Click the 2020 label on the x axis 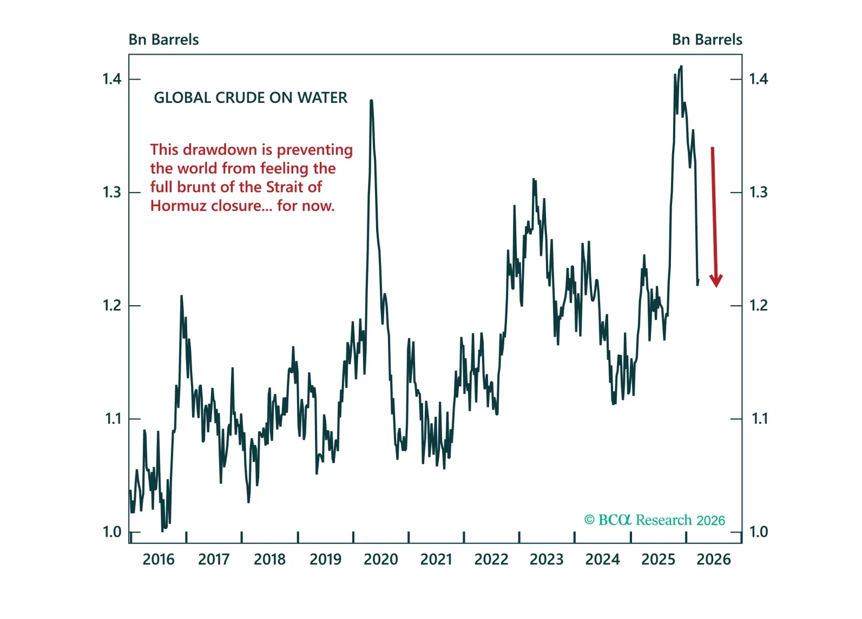tap(380, 559)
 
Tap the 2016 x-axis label tap(159, 559)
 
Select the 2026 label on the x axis tap(713, 559)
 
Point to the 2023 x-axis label tap(547, 559)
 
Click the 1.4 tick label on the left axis tap(112, 79)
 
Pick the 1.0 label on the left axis tap(112, 532)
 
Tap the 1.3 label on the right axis tap(758, 192)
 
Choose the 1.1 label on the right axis tap(759, 418)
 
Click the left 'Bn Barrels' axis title tap(163, 39)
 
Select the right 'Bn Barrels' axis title tap(707, 39)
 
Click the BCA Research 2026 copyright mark tap(654, 520)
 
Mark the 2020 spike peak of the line tap(371, 101)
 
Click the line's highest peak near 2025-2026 tap(681, 67)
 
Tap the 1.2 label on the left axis tap(112, 305)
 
